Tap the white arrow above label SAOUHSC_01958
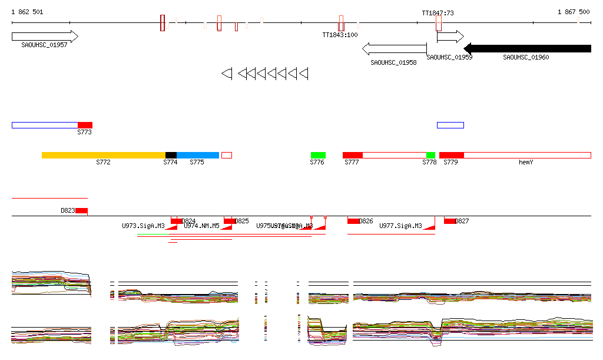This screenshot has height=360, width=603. tap(394, 48)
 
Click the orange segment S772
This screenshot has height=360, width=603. tap(104, 155)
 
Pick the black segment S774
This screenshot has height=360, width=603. tap(171, 155)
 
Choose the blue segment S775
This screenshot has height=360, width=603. tap(198, 155)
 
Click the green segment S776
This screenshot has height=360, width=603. tap(318, 155)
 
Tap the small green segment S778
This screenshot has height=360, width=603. tap(430, 155)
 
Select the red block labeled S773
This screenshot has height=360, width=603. tap(85, 125)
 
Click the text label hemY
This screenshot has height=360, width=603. tap(525, 162)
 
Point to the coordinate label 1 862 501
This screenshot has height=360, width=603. tap(27, 12)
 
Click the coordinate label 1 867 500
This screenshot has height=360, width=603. tap(574, 12)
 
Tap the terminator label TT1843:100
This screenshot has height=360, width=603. tap(340, 35)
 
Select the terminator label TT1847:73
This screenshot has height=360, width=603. tap(438, 12)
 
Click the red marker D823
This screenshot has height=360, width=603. tap(81, 210)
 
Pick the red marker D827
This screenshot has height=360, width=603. tap(450, 221)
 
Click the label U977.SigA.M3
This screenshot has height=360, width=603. tap(400, 226)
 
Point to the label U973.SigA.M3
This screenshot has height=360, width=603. tap(143, 226)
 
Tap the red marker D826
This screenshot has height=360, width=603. tap(353, 221)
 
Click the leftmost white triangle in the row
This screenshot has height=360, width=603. tap(227, 73)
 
